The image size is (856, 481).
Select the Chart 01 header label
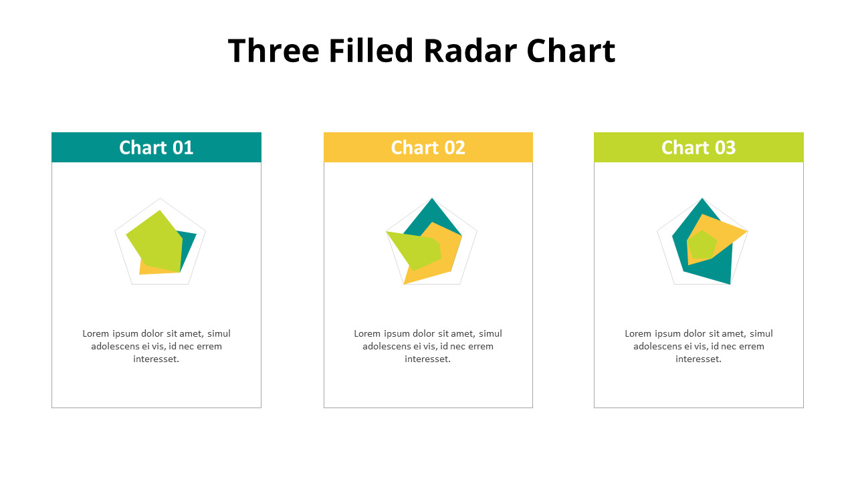click(x=156, y=148)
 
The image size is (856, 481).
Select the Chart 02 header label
click(x=428, y=148)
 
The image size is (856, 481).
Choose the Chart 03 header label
click(x=698, y=148)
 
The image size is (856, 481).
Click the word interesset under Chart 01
click(x=156, y=359)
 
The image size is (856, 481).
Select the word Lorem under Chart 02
click(x=367, y=333)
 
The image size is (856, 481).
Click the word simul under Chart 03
click(x=761, y=333)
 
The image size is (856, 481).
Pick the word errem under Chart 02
click(x=481, y=346)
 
